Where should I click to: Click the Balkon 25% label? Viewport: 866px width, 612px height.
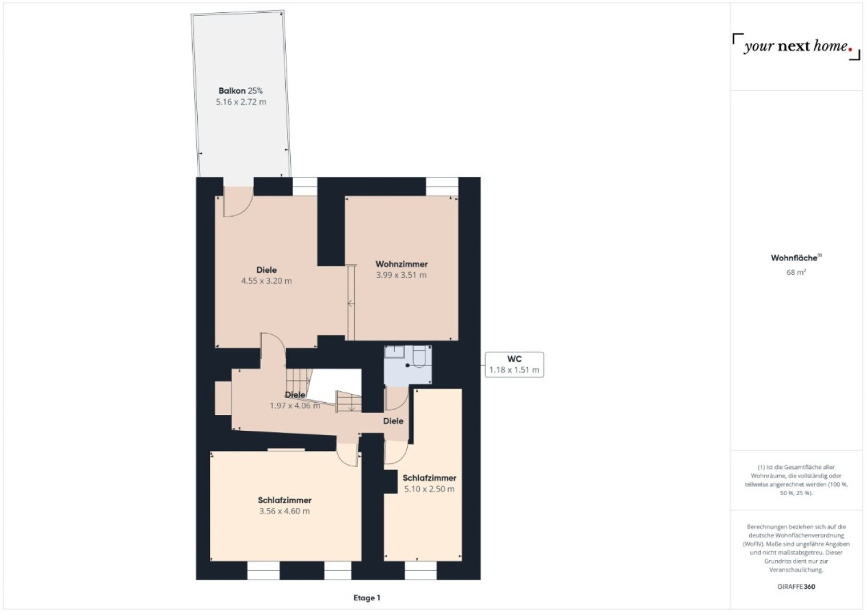(241, 91)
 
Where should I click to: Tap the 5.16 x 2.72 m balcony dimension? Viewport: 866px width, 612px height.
(241, 102)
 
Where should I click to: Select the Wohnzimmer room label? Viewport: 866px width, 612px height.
(401, 264)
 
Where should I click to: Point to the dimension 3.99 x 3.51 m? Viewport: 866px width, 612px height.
(401, 275)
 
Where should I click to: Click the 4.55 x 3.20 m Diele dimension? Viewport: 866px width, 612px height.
(266, 281)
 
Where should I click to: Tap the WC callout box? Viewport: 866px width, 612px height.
(514, 365)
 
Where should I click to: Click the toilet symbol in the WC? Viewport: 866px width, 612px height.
(419, 356)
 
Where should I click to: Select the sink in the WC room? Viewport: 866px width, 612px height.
(394, 352)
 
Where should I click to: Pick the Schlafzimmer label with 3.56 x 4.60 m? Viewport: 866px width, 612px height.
(285, 500)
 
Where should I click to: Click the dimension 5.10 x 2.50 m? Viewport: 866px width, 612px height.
(429, 489)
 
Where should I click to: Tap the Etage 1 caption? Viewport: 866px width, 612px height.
(367, 598)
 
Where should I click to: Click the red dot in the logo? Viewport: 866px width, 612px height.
(850, 49)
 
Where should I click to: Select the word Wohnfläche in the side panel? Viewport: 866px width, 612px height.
(794, 258)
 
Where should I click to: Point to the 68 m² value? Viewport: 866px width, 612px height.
(796, 272)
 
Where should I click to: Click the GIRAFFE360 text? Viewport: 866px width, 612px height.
(796, 586)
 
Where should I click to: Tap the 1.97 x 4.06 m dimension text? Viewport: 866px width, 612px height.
(295, 406)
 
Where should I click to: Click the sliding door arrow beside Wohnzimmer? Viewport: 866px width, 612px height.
(351, 304)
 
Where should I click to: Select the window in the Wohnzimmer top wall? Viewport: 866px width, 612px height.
(442, 186)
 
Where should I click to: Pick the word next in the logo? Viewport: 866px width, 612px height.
(793, 46)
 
